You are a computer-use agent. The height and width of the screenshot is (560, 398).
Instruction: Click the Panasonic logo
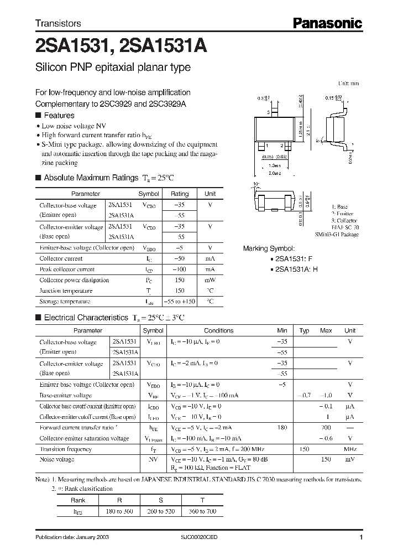coord(327,23)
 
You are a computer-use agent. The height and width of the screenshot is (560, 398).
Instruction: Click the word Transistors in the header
coord(58,24)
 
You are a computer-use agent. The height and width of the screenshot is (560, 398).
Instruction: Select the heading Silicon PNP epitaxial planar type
coord(113,68)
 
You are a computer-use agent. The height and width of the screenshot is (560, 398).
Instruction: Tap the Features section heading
coord(59,116)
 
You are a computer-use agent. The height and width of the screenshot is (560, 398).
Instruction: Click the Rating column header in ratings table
coord(179,194)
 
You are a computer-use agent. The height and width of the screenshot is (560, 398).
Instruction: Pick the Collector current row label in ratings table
coord(61,258)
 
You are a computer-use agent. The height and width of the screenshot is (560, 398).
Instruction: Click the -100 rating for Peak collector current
coord(179,269)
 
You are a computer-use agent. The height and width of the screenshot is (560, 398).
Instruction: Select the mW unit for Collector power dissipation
coord(210,280)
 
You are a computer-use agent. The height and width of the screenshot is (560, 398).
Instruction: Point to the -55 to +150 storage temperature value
coord(180,302)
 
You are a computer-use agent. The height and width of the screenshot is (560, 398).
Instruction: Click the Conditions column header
coord(219,330)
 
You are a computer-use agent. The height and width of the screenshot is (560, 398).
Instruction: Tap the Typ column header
coord(304,330)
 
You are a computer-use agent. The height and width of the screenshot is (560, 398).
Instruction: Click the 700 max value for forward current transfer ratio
coord(326,427)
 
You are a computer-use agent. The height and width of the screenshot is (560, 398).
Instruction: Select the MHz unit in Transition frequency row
coord(350,449)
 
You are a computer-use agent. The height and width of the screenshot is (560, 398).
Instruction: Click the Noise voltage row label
coord(56,459)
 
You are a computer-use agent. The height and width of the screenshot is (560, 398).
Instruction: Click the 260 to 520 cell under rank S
coord(162,511)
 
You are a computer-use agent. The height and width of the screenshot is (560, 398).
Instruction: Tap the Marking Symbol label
coord(269,248)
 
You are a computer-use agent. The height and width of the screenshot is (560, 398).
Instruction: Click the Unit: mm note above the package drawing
coord(348,83)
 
